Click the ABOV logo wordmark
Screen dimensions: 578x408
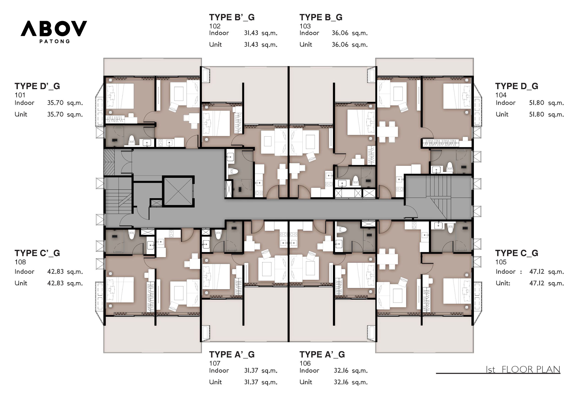[54, 28]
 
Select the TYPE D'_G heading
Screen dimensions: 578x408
[37, 86]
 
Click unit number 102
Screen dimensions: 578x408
[215, 26]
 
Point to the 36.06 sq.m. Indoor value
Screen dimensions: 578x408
[350, 33]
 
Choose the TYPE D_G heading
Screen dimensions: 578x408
[517, 86]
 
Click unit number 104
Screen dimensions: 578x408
[501, 95]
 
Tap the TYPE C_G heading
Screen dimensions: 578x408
[517, 253]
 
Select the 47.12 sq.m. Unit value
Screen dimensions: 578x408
[546, 283]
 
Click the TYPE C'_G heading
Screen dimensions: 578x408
[37, 253]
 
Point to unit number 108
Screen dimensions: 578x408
[20, 262]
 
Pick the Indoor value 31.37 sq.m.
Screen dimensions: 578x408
[261, 371]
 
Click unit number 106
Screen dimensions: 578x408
[305, 363]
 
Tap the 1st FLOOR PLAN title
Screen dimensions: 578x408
[523, 370]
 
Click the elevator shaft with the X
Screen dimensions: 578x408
[178, 191]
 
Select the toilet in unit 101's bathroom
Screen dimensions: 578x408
[132, 140]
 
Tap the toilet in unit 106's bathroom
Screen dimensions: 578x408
[342, 229]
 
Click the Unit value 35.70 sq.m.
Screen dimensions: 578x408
[65, 115]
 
